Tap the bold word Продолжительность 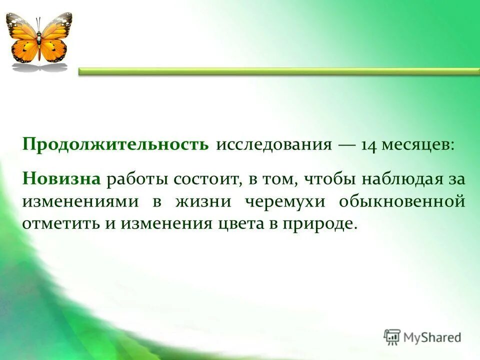click(x=115, y=145)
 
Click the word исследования click(x=274, y=145)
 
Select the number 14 click(x=369, y=145)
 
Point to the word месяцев click(x=418, y=145)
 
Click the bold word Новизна click(x=61, y=178)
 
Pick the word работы click(x=137, y=178)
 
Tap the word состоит click(x=207, y=178)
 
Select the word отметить click(x=60, y=223)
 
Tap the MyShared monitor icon click(x=392, y=336)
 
